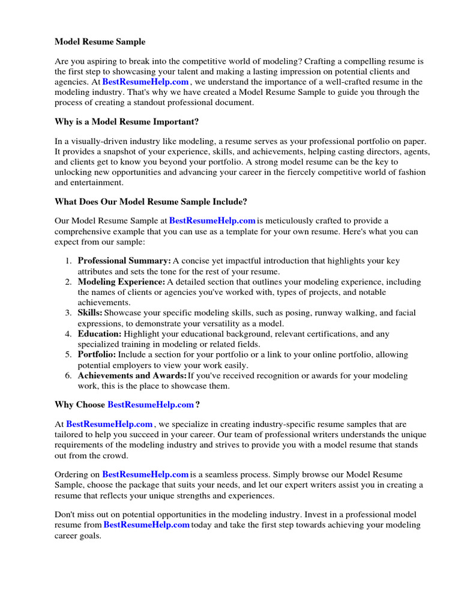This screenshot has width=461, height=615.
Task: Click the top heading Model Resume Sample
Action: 100,42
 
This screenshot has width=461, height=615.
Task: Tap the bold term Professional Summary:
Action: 124,261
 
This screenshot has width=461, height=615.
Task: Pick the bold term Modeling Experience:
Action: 121,282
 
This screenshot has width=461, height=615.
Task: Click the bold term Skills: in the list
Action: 90,313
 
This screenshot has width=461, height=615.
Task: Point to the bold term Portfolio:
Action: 97,354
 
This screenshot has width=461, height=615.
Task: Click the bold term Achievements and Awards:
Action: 132,375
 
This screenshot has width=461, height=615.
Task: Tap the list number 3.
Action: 68,313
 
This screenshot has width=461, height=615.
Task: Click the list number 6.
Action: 68,375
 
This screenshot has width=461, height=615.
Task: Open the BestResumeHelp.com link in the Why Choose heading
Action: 151,405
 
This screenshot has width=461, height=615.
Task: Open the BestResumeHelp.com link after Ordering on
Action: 145,475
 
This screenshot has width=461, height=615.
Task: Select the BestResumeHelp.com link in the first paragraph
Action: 146,82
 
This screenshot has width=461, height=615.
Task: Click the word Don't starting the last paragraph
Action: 65,515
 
